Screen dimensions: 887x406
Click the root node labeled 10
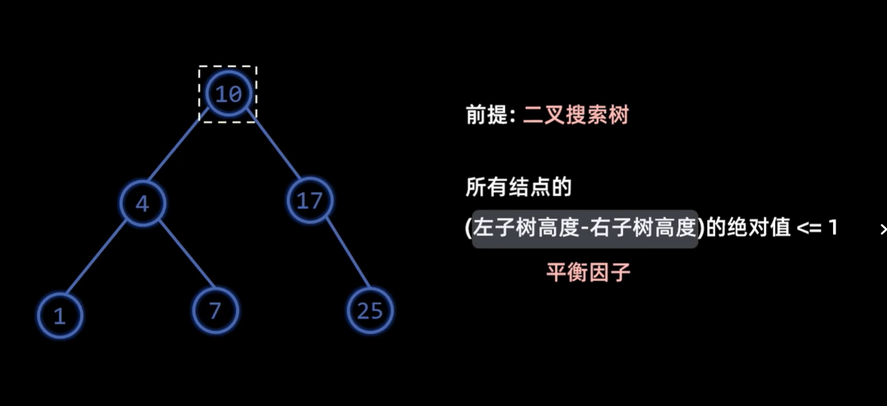(229, 94)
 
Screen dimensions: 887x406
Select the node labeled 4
(143, 203)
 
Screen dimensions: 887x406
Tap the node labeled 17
(310, 201)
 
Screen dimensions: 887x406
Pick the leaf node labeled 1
(60, 316)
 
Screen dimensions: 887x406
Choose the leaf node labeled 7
(215, 311)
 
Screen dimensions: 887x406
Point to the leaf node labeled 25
(370, 311)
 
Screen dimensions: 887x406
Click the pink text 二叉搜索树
(575, 115)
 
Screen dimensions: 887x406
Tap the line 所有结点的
(519, 187)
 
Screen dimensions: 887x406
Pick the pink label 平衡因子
(588, 272)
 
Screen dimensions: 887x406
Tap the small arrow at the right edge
(883, 230)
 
